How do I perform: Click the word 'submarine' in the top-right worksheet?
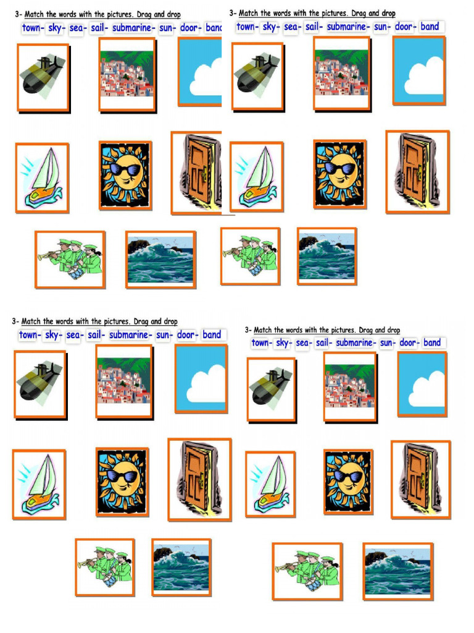coord(346,27)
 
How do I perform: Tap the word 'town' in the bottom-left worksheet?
coord(28,335)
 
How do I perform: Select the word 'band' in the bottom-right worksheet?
coord(432,342)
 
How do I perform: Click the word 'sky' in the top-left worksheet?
coord(55,28)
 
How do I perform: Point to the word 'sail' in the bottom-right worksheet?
coord(322,342)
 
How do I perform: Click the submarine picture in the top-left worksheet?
coord(42,77)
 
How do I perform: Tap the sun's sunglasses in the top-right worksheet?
coord(340,168)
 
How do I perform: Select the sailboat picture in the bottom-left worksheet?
coord(38,484)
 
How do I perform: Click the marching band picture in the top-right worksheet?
coord(250,256)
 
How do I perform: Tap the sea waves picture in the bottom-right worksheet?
coord(397,571)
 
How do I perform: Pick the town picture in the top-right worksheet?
coord(341,74)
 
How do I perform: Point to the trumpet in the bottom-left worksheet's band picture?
coord(86,563)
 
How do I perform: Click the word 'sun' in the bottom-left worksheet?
coord(163,335)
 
